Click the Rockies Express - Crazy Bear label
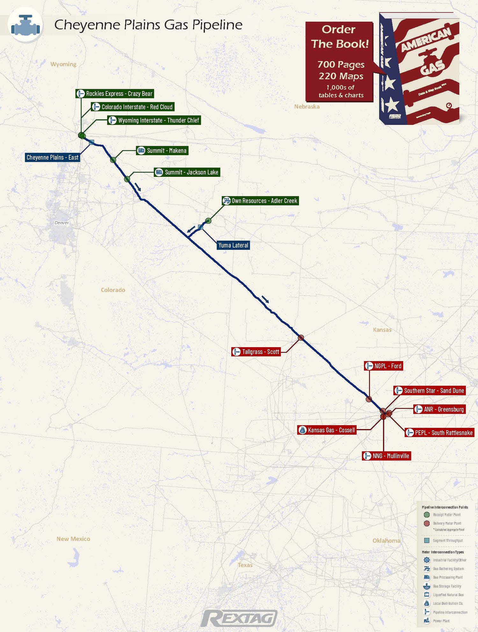[115, 94]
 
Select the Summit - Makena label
[162, 151]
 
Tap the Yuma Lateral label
[233, 245]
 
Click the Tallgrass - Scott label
[256, 352]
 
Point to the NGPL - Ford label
[384, 366]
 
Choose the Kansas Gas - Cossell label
[327, 430]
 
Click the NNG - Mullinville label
[387, 456]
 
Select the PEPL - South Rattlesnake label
[439, 433]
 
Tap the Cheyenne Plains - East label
[52, 157]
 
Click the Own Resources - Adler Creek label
[260, 201]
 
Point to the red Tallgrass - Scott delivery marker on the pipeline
[301, 338]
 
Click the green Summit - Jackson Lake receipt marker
[127, 179]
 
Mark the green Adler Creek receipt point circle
[208, 220]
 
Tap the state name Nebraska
[307, 106]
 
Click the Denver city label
[62, 223]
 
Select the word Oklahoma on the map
[386, 541]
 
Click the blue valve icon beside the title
[25, 25]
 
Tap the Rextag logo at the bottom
[239, 619]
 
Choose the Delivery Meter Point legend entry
[447, 523]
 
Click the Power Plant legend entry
[441, 621]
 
